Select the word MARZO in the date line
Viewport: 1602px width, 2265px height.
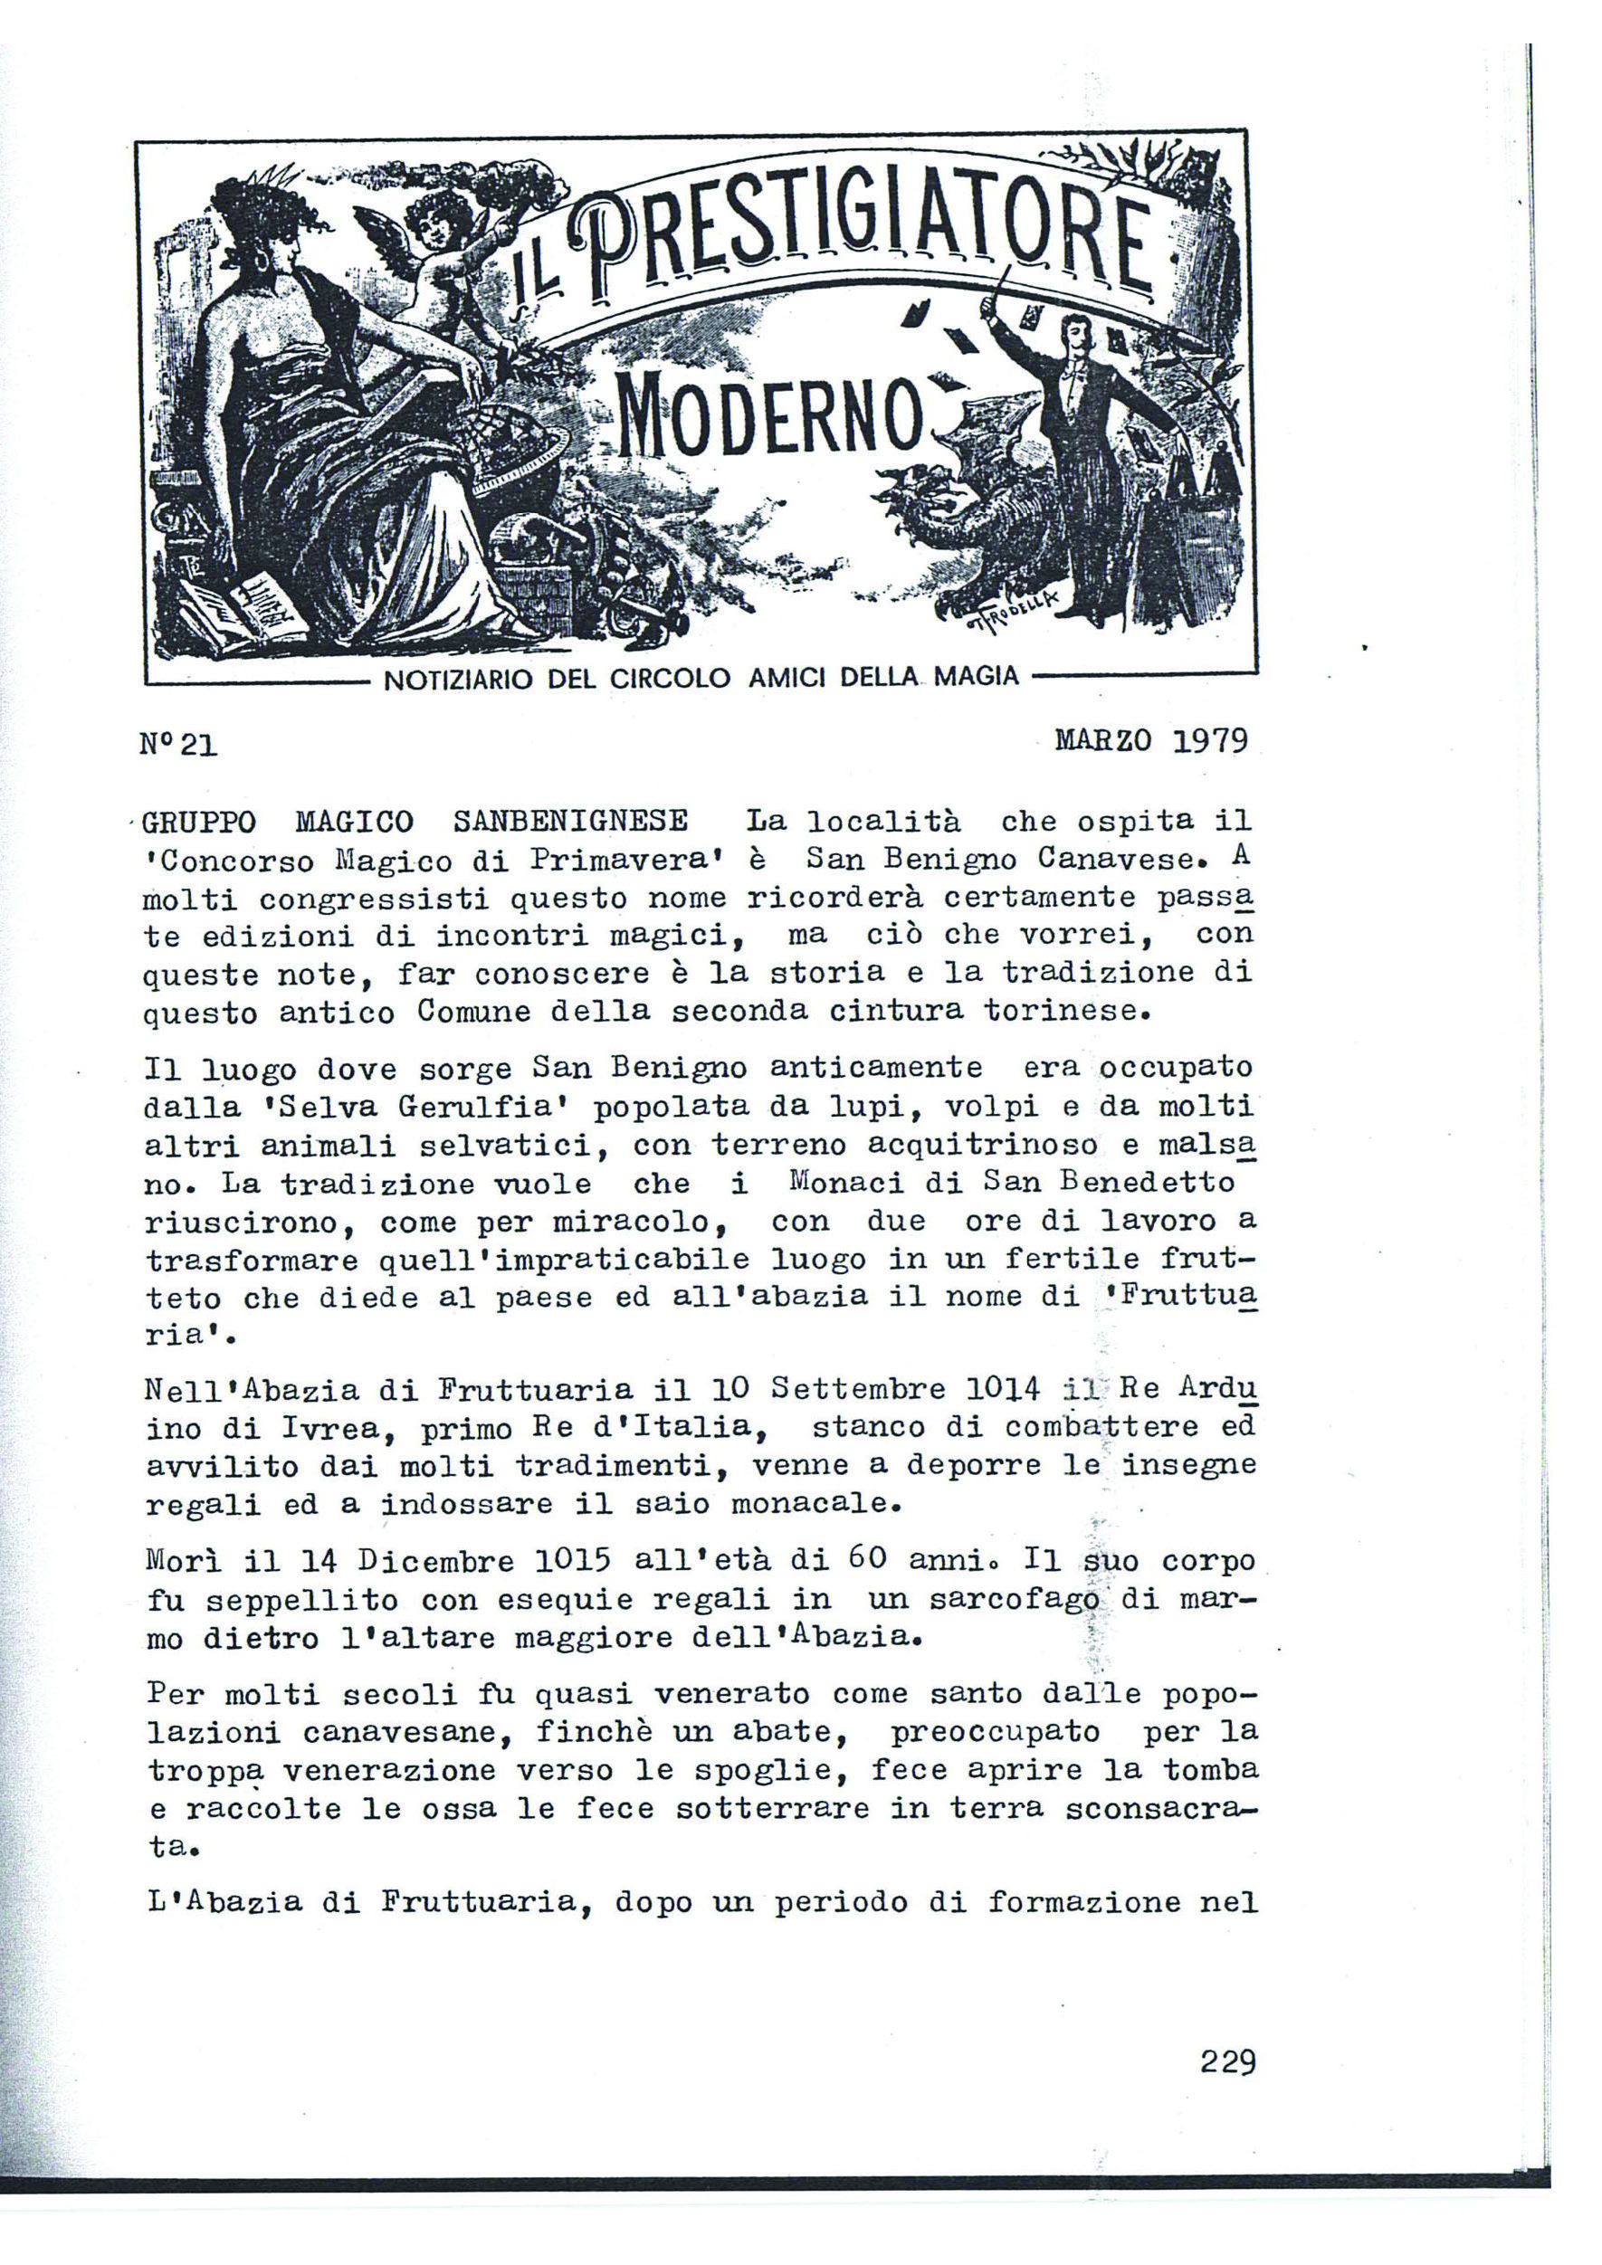[x=1101, y=740]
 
